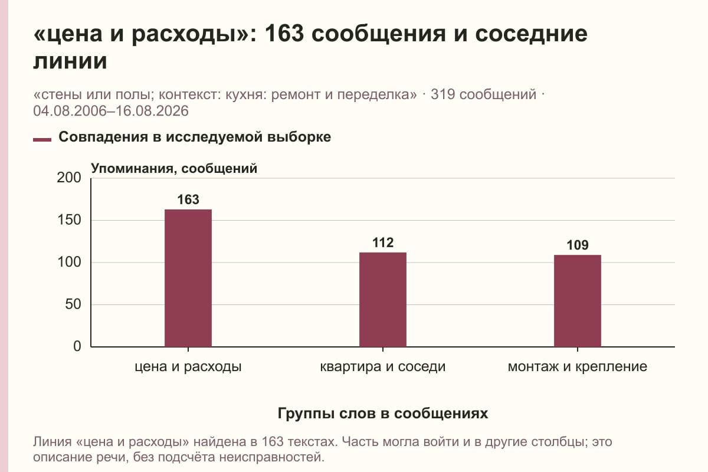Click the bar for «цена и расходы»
tap(188, 278)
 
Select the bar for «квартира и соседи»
tap(383, 300)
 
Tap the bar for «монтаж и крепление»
tap(578, 301)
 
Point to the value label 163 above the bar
tap(188, 200)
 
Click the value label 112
tap(383, 243)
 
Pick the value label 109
tap(578, 245)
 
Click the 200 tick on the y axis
tap(69, 178)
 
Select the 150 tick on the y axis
tap(69, 220)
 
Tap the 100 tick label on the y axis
tap(69, 263)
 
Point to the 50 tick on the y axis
tap(73, 304)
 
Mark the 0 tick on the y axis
tap(77, 346)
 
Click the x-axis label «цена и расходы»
tap(188, 367)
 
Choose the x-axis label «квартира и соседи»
tap(383, 367)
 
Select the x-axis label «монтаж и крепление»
tap(578, 367)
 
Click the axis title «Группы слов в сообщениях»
tap(383, 413)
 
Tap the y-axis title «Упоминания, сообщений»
tap(174, 169)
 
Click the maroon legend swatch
tap(42, 140)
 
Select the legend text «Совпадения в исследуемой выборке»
tap(195, 137)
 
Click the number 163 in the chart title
tap(284, 34)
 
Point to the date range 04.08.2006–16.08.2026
tap(111, 111)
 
